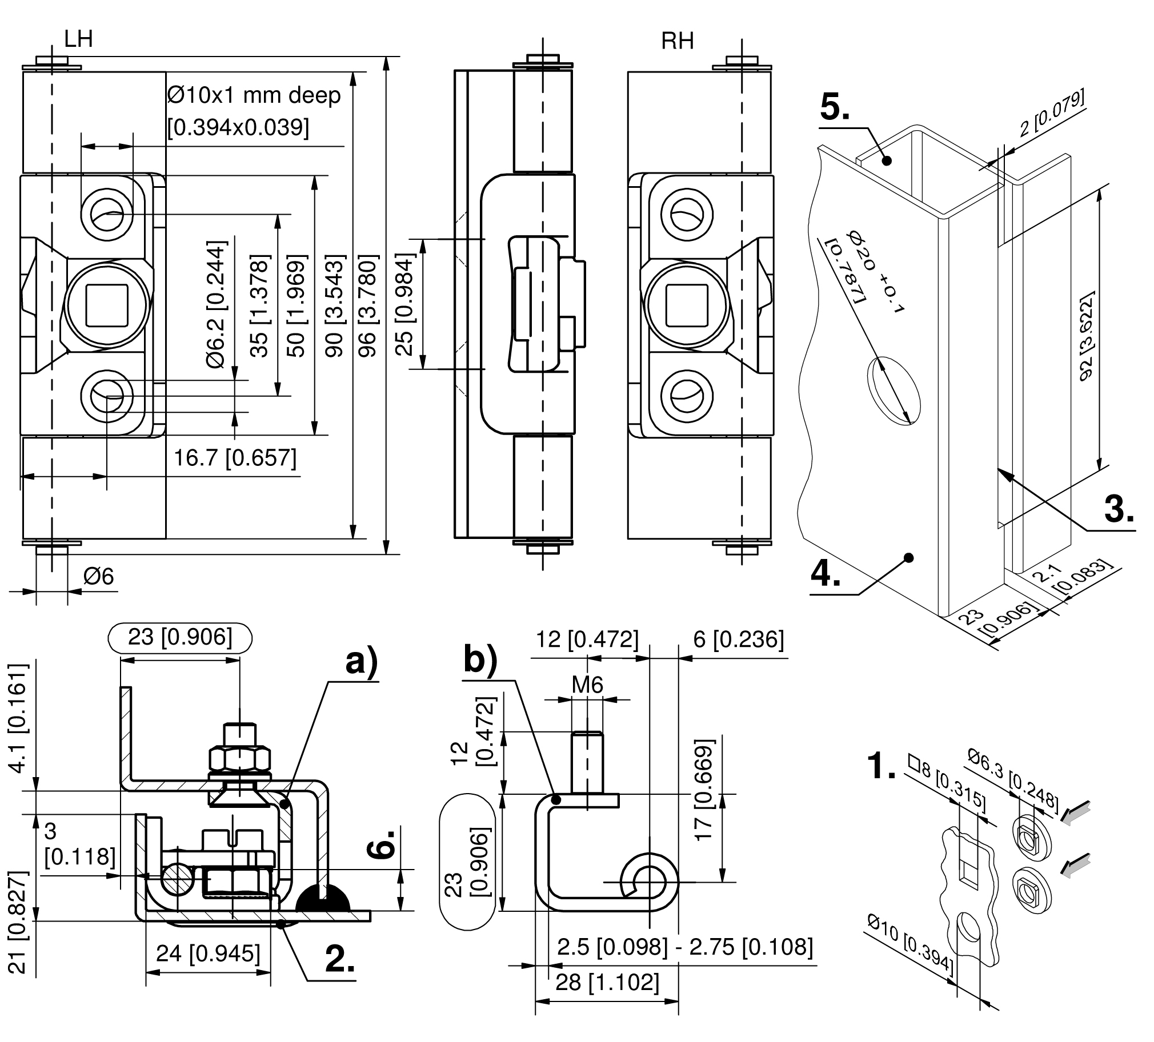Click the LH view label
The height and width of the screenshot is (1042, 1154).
[x=78, y=39]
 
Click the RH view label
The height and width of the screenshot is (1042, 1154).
[x=677, y=41]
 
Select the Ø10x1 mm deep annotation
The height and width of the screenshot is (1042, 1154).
[x=254, y=95]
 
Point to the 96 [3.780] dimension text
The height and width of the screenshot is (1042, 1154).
[x=367, y=306]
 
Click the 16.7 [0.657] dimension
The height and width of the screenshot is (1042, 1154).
[x=235, y=458]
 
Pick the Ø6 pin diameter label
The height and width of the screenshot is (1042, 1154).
[x=98, y=576]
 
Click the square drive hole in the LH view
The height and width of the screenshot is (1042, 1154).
[x=106, y=304]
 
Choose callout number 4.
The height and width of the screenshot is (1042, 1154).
[x=826, y=573]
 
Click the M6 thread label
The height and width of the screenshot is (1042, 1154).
[x=587, y=685]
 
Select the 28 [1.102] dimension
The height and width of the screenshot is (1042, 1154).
[x=607, y=983]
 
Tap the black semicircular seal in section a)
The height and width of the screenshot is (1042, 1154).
[x=323, y=898]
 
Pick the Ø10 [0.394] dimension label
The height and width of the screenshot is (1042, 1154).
[x=910, y=947]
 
